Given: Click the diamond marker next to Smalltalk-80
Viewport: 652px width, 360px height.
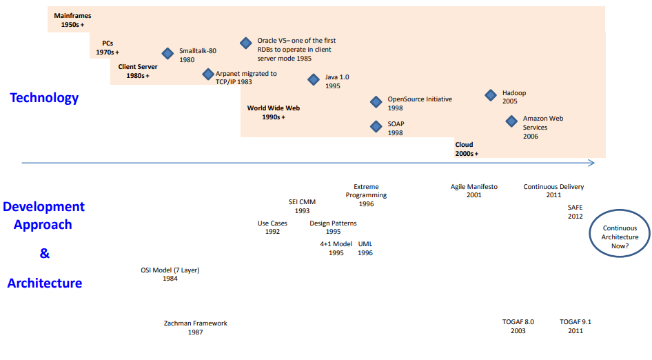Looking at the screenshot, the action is point(167,53).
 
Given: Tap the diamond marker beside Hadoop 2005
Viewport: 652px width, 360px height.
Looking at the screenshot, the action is point(491,95).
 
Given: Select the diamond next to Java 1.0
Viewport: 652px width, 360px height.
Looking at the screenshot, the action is point(314,79).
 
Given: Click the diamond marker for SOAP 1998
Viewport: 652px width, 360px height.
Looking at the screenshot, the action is point(376,126).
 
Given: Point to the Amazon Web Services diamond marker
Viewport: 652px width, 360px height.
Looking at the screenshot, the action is point(511,121).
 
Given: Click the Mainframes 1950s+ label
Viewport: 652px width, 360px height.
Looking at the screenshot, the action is point(72,20).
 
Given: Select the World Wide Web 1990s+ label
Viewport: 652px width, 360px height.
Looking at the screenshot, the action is point(274,112).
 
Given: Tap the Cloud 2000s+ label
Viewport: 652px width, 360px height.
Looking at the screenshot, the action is point(467,149).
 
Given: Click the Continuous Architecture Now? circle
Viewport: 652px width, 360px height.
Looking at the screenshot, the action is point(620,210).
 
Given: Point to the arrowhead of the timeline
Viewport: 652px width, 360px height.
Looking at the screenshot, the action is point(594,163).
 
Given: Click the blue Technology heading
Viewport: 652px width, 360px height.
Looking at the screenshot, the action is point(44,98).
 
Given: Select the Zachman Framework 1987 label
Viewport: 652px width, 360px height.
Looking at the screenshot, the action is point(196,328).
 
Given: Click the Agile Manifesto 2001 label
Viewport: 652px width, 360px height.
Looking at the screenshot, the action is point(474,190).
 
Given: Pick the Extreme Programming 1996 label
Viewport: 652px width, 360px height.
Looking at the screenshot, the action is point(367,195).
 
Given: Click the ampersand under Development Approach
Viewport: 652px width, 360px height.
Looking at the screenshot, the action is point(45,253).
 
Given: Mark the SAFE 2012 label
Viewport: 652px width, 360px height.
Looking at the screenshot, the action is point(575,212).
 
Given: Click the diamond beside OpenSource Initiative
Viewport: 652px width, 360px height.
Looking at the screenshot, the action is point(376,101).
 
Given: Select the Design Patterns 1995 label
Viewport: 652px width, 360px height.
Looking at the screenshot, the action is point(333,227).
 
